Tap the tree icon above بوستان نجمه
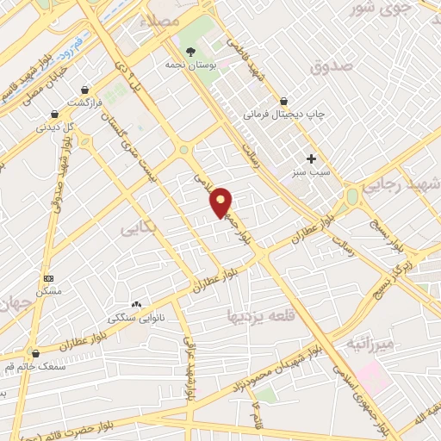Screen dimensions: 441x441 tap(190, 50)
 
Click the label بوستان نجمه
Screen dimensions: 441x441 tap(190, 64)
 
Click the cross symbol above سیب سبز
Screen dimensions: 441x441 tap(312, 158)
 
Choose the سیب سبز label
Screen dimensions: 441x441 tap(312, 172)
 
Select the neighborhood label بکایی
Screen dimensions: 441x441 tap(135, 230)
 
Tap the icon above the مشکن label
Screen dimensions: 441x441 tap(49, 279)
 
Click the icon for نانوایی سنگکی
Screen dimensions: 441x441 tap(136, 305)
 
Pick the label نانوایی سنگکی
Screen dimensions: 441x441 tap(134, 318)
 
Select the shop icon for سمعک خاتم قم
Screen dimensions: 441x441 tap(34, 352)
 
